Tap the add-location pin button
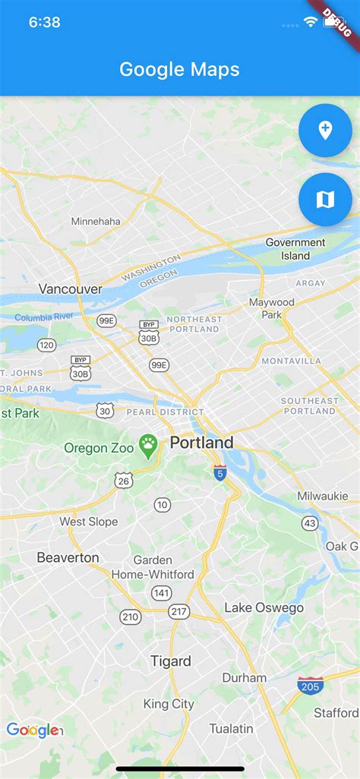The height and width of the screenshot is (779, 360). pyautogui.click(x=325, y=131)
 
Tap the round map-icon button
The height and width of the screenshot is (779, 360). pyautogui.click(x=325, y=200)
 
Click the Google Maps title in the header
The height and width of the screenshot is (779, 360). pyautogui.click(x=179, y=69)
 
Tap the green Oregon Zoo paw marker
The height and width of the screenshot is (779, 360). pyautogui.click(x=147, y=446)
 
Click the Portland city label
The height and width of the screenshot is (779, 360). pyautogui.click(x=201, y=442)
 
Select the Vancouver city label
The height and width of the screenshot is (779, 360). pyautogui.click(x=70, y=289)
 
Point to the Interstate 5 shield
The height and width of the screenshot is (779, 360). pyautogui.click(x=219, y=472)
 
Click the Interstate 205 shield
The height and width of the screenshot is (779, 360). pyautogui.click(x=309, y=684)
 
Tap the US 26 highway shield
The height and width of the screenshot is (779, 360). pyautogui.click(x=124, y=480)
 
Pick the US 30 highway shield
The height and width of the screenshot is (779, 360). pyautogui.click(x=105, y=411)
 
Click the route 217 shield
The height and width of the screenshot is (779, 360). pyautogui.click(x=179, y=611)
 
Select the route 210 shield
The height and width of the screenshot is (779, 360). pyautogui.click(x=131, y=617)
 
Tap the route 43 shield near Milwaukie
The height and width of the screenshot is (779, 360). pyautogui.click(x=310, y=523)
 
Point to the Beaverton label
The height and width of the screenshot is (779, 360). pyautogui.click(x=68, y=557)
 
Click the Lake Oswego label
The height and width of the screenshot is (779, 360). pyautogui.click(x=264, y=607)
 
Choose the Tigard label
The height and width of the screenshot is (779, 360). pyautogui.click(x=171, y=661)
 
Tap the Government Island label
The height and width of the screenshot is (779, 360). pyautogui.click(x=295, y=249)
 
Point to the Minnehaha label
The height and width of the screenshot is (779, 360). pyautogui.click(x=96, y=221)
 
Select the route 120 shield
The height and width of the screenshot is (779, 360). pyautogui.click(x=47, y=345)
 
